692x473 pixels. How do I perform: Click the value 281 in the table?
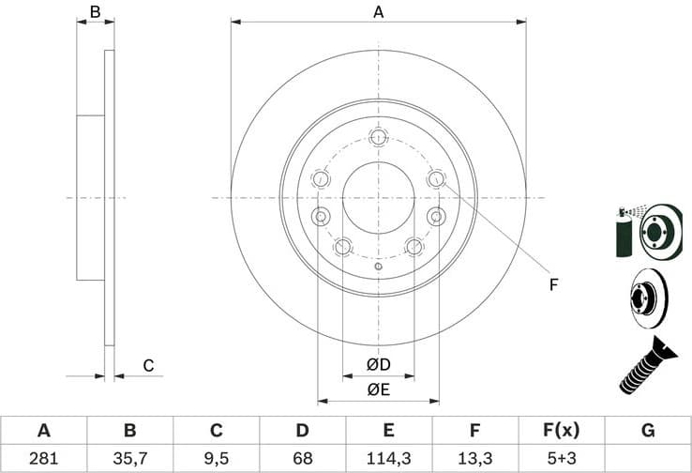43,458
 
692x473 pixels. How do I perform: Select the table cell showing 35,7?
129,458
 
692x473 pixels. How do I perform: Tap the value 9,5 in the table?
216,458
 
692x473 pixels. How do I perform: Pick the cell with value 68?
302,458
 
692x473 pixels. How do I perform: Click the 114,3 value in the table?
388,458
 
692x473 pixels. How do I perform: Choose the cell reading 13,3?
475,458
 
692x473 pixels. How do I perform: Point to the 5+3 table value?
562,458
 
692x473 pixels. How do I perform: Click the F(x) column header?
562,431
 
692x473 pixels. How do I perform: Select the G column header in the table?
648,431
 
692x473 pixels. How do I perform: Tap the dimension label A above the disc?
379,12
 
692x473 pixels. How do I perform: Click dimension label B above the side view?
95,12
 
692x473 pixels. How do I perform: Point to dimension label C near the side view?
147,366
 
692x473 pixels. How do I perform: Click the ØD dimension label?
378,364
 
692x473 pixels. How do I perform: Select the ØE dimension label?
378,388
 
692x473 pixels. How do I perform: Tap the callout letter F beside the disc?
553,283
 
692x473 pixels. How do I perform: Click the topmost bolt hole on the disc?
379,139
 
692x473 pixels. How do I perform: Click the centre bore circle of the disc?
379,198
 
